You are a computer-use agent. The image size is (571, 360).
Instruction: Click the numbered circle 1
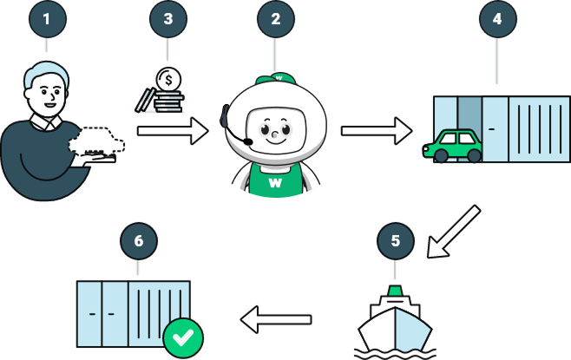pyautogui.click(x=48, y=18)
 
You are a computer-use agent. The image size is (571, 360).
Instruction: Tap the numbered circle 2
pyautogui.click(x=276, y=18)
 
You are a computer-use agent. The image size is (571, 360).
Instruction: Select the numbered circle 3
pyautogui.click(x=167, y=18)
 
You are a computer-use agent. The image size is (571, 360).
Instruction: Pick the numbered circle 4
pyautogui.click(x=497, y=18)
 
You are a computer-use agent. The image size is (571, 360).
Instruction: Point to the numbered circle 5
pyautogui.click(x=396, y=241)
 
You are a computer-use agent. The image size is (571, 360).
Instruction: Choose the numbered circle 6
pyautogui.click(x=139, y=241)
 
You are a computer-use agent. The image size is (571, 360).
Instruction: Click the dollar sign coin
pyautogui.click(x=168, y=80)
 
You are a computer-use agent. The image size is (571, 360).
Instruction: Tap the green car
pyautogui.click(x=455, y=146)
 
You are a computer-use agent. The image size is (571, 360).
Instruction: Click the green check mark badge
pyautogui.click(x=183, y=337)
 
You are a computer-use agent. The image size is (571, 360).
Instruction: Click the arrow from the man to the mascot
pyautogui.click(x=173, y=131)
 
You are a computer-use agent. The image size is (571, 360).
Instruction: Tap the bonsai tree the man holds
pyautogui.click(x=97, y=143)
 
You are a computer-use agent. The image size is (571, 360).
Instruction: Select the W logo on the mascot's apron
pyautogui.click(x=277, y=183)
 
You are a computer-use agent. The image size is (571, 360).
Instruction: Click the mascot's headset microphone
pyautogui.click(x=248, y=141)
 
